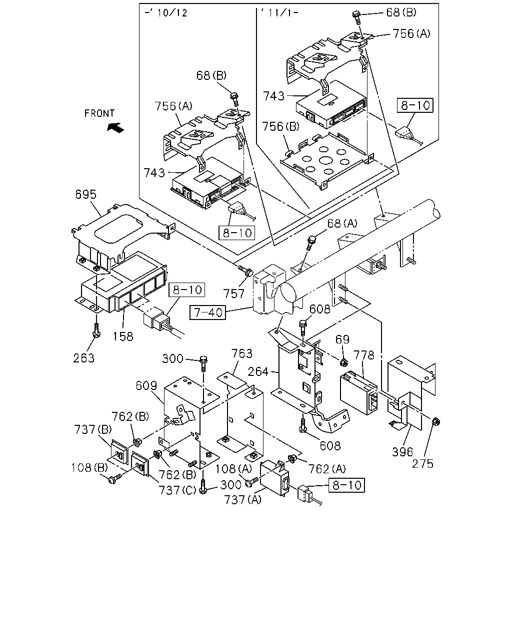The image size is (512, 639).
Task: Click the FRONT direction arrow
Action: coord(115,128)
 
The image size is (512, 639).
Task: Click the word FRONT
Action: coord(99,113)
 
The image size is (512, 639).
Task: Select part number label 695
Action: coord(85,195)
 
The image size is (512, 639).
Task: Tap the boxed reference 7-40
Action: coord(207,313)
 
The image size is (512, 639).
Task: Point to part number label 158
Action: coord(123,336)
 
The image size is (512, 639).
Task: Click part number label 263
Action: coord(84,358)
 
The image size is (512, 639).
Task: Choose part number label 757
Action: coord(234,294)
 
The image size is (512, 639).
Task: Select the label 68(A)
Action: coord(342,223)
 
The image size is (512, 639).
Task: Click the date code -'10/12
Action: coord(166,13)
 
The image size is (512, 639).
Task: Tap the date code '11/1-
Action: coord(279,13)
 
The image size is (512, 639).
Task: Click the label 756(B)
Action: coord(280,126)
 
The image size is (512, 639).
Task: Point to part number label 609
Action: coord(146,386)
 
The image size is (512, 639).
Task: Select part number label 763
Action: coord(242,353)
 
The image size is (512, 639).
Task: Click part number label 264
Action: coord(258,372)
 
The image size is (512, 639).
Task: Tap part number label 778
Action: coord(363,355)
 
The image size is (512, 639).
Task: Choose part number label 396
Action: coord(402,452)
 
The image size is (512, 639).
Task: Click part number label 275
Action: coord(422,463)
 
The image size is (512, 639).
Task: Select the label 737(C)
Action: coord(177,490)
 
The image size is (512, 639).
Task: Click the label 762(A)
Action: coord(327,469)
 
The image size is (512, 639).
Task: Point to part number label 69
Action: coord(342,339)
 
